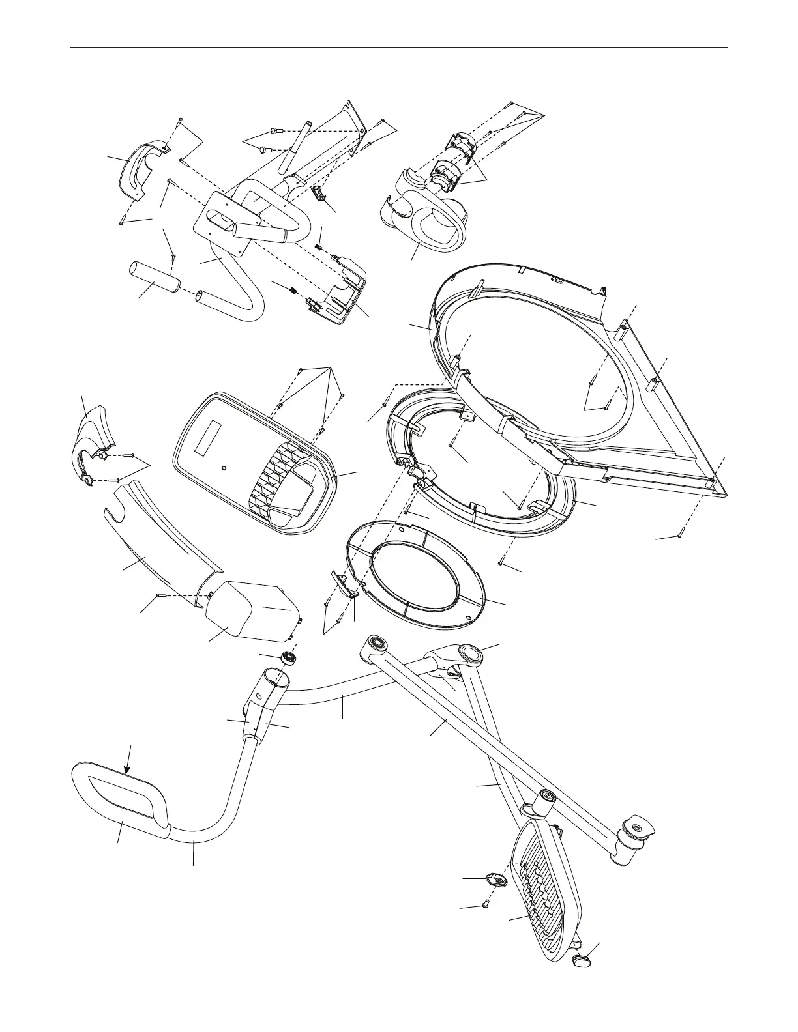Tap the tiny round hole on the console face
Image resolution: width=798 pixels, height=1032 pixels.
point(224,468)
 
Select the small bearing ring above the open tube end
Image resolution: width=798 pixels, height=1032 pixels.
point(288,659)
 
